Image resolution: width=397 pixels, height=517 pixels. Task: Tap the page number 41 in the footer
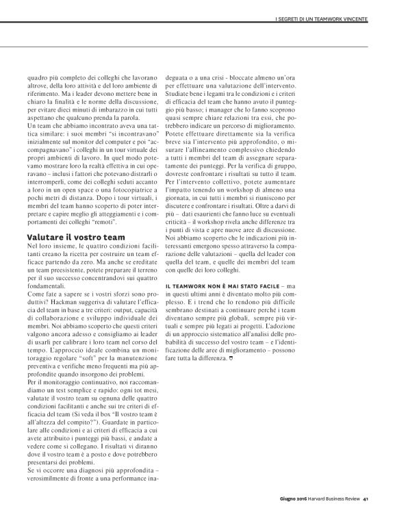click(x=367, y=498)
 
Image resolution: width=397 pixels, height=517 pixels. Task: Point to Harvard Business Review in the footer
click(x=333, y=498)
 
